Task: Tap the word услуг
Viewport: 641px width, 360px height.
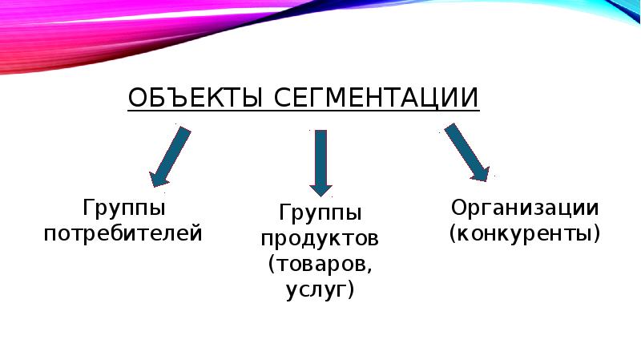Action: (315, 288)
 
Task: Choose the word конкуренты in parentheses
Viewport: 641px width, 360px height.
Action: (525, 235)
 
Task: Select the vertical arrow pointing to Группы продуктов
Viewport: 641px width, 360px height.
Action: (320, 160)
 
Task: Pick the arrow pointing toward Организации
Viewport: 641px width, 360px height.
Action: (466, 151)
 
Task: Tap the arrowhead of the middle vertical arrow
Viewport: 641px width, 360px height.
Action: (320, 188)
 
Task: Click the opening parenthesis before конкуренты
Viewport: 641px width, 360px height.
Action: (454, 235)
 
